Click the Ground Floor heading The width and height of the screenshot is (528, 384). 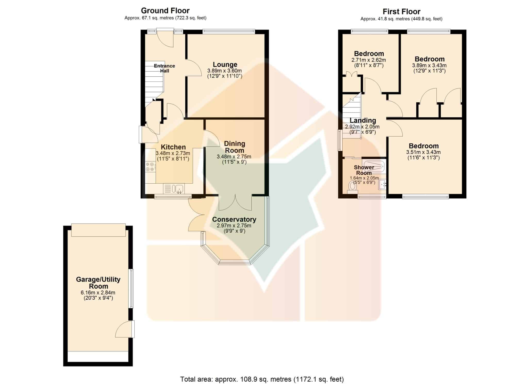click(165, 11)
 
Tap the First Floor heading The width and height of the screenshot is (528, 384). click(401, 12)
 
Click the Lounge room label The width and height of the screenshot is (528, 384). click(225, 64)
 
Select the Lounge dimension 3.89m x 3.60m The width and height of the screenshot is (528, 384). click(225, 71)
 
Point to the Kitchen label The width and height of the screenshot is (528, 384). click(173, 147)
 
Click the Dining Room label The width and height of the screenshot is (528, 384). click(234, 147)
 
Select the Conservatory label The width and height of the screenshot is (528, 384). click(234, 219)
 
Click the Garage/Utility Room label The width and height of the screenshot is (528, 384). click(98, 283)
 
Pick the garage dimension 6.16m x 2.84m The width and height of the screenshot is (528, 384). click(98, 293)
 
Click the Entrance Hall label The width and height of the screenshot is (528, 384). click(164, 68)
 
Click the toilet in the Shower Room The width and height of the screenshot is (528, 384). click(352, 187)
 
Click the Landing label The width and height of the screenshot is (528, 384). click(363, 120)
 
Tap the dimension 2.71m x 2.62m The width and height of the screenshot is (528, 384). click(369, 60)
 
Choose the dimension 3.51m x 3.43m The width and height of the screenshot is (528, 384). click(423, 152)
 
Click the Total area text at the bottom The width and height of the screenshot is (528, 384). click(262, 379)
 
